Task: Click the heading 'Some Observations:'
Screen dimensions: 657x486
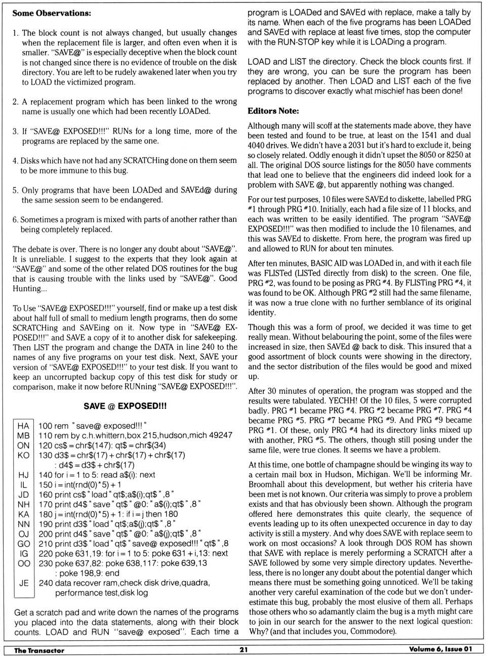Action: [x=52, y=13]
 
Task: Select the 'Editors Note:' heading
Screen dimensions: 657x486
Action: [x=273, y=111]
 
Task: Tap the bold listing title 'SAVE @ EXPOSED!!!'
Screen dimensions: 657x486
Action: [x=125, y=406]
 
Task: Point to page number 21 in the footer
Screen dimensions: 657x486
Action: [x=244, y=650]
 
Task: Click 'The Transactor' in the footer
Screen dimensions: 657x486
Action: [x=39, y=650]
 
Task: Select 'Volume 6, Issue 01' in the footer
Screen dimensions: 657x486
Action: [x=441, y=650]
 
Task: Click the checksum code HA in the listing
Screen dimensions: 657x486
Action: [x=23, y=426]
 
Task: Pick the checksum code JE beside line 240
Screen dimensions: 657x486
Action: [x=23, y=583]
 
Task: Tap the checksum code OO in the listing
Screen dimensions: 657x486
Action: [x=23, y=563]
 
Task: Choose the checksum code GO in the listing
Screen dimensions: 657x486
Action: [x=23, y=544]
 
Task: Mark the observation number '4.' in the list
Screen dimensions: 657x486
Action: [x=15, y=161]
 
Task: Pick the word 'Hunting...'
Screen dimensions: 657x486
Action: [x=30, y=289]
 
